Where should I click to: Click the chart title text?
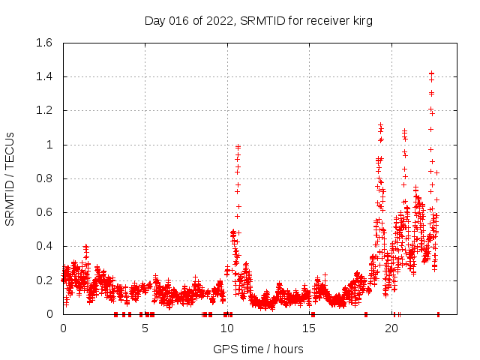[259, 21]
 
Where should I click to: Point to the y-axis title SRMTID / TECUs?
[10, 178]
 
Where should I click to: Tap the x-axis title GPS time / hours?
[258, 349]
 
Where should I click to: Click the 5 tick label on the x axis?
[145, 328]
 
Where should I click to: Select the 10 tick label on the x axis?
[227, 328]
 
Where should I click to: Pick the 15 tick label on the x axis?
[309, 328]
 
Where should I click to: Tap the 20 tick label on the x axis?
[391, 328]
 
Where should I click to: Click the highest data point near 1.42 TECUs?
[431, 73]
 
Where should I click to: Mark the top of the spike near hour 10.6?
[238, 147]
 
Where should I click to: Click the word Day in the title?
[155, 21]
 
